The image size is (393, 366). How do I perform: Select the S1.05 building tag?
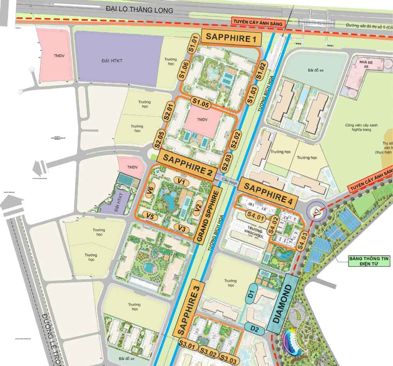point(200,103)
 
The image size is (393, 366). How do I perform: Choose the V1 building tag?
point(182,181)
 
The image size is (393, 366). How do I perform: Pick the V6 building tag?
point(151,189)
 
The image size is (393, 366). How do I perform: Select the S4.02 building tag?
point(275,225)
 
